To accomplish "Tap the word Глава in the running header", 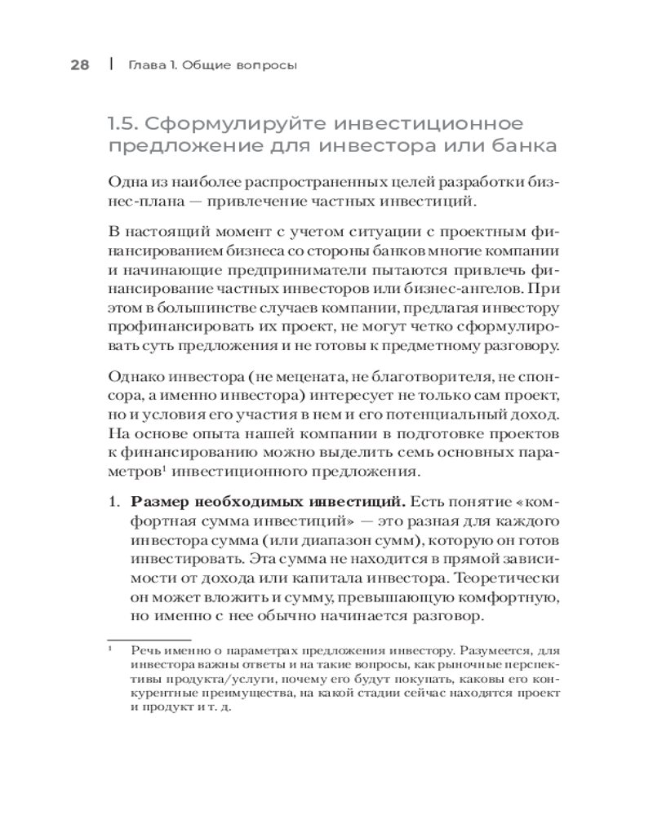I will click(148, 65).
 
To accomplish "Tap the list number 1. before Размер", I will click(116, 501).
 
